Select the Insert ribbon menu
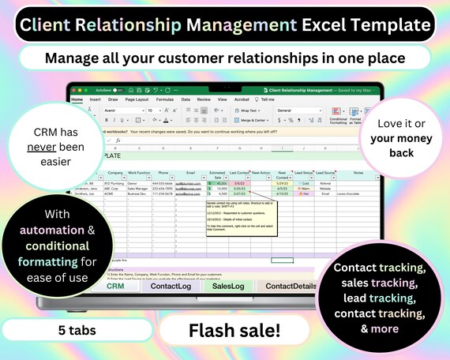point(95,100)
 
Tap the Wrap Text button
point(252,111)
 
